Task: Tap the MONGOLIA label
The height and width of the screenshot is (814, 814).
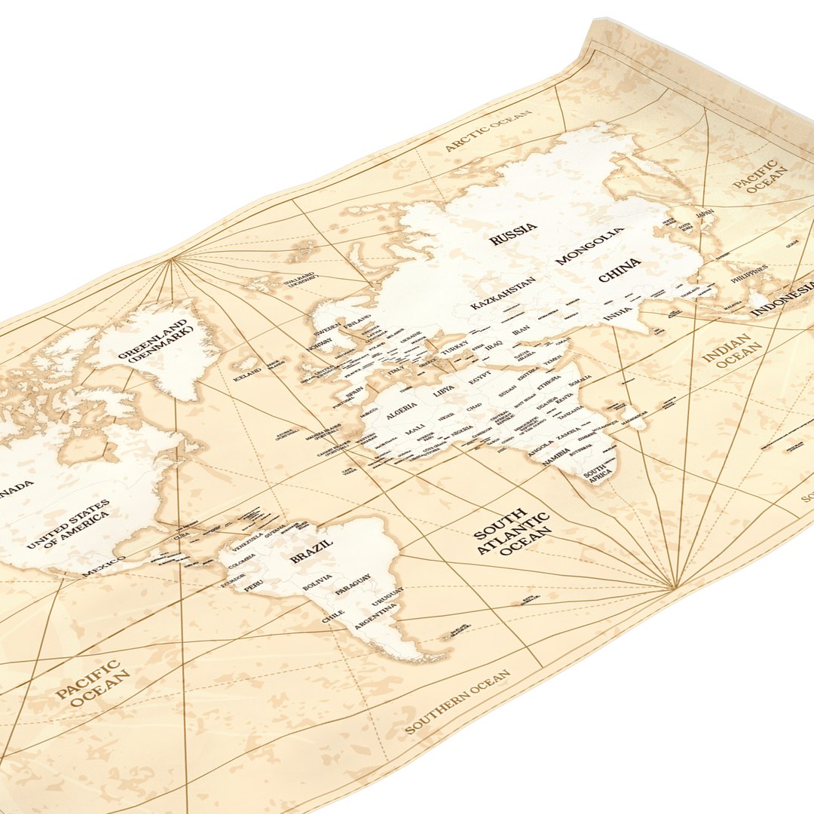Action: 589,246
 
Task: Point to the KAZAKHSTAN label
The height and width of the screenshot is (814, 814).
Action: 503,293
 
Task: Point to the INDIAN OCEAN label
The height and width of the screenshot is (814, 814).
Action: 727,352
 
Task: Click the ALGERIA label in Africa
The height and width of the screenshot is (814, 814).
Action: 402,411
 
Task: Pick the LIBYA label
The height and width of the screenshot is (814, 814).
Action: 444,392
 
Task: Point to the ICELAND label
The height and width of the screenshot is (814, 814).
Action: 247,372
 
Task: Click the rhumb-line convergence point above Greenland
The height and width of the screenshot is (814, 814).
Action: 172,260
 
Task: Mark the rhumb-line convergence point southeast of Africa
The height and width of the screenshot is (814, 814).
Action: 675,586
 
